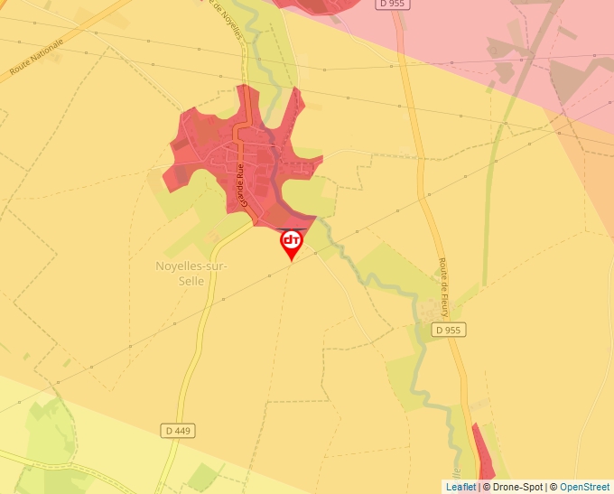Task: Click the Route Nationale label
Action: [37, 56]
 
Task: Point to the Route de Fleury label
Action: [444, 288]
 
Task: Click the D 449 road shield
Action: [179, 431]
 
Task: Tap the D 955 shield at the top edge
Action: [393, 4]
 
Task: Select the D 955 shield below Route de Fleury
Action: [447, 331]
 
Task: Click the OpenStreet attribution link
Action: [584, 487]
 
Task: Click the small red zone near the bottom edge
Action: [483, 456]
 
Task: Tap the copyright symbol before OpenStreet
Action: [554, 487]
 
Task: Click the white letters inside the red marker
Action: [292, 240]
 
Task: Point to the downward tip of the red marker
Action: [292, 260]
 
